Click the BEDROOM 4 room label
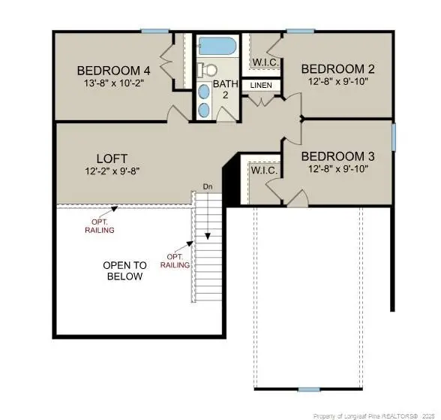114,71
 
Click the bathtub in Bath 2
217,46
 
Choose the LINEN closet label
261,86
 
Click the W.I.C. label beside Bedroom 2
265,62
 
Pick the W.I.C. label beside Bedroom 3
264,171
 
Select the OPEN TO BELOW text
124,271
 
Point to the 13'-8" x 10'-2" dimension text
114,83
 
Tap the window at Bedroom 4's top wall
154,31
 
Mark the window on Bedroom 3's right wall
394,137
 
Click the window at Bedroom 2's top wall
300,31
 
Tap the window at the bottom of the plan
308,389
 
